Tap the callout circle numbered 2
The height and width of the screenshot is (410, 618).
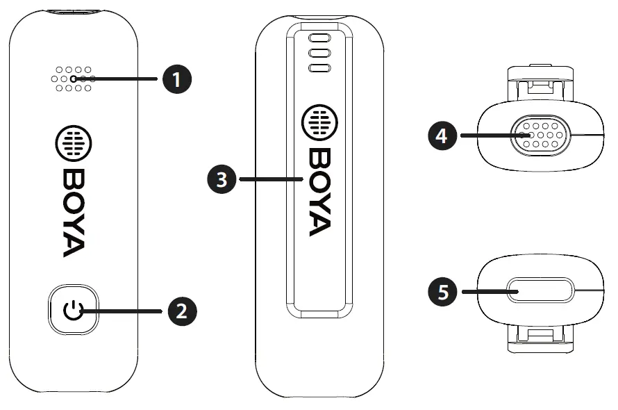coord(180,311)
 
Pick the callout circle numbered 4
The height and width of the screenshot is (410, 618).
coord(442,135)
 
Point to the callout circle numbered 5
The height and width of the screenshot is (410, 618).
coord(442,290)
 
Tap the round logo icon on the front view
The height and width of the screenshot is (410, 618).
coord(73,144)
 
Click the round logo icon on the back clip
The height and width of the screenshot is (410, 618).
coord(319,122)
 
